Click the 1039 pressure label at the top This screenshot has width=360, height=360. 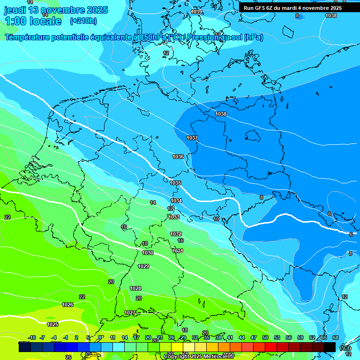click(197, 12)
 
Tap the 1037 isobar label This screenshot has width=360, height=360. click(192, 138)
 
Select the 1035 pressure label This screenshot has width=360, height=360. click(176, 183)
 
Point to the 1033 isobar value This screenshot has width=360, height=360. click(174, 217)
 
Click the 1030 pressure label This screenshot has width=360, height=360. click(148, 253)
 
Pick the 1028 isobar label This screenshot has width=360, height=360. click(135, 288)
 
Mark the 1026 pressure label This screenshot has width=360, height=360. click(67, 305)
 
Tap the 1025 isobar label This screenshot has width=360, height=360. click(52, 324)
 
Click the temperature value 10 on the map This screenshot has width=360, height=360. click(216, 219)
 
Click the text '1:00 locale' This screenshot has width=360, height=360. click(33, 21)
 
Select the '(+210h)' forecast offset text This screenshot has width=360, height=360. click(83, 21)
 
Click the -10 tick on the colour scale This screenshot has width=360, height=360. click(32, 337)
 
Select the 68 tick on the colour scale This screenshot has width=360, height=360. click(336, 337)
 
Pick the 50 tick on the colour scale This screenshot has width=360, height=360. click(265, 337)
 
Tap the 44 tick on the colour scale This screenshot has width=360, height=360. click(242, 337)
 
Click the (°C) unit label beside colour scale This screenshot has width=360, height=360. click(345, 347)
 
